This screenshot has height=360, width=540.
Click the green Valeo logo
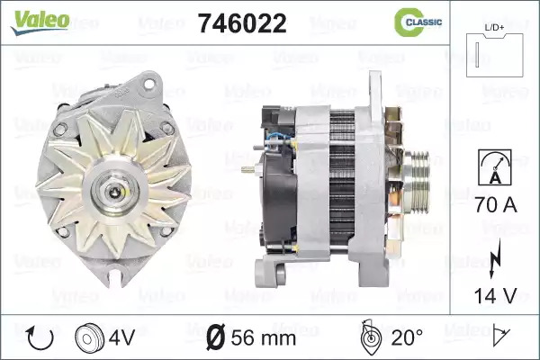click(x=40, y=22)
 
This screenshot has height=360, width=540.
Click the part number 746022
click(x=242, y=23)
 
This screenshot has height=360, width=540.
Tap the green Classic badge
click(x=418, y=22)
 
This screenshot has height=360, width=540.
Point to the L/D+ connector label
click(x=494, y=28)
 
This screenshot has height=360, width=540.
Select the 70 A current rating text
click(x=496, y=204)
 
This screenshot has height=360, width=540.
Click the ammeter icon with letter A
click(x=495, y=167)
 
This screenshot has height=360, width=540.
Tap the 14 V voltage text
click(x=496, y=295)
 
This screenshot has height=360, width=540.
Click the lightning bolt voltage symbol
click(x=494, y=258)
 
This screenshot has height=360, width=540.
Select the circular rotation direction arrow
click(x=40, y=338)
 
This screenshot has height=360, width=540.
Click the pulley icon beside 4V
click(x=89, y=338)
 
